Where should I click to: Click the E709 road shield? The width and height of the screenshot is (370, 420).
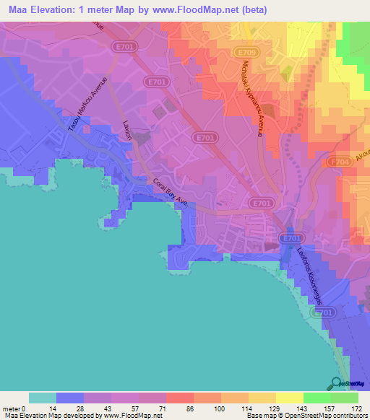[246, 52]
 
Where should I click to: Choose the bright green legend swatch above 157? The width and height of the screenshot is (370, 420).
[317, 398]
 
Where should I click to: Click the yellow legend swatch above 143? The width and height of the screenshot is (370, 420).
[290, 398]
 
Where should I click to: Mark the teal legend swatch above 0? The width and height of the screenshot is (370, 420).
[43, 398]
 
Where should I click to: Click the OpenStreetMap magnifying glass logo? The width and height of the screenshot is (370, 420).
[336, 382]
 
